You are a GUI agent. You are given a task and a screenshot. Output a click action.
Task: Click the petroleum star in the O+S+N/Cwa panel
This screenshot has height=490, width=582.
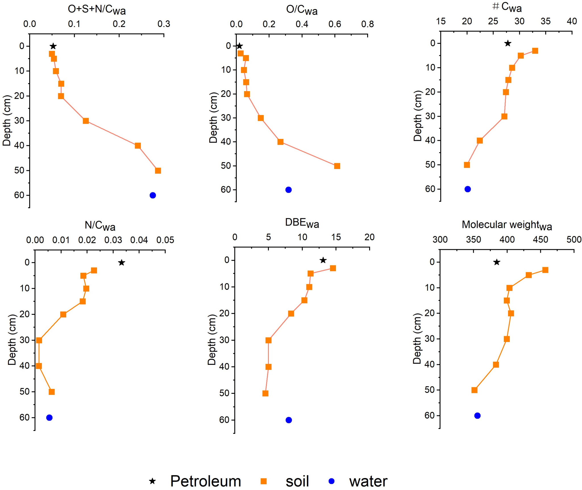(53, 46)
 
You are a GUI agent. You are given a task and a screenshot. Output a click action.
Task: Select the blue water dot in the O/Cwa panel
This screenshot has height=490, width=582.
(288, 190)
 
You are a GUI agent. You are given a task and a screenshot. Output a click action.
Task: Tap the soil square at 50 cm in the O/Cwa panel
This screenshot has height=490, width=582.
(337, 166)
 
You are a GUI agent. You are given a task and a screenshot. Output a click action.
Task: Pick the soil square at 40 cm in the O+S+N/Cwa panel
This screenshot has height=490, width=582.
(138, 146)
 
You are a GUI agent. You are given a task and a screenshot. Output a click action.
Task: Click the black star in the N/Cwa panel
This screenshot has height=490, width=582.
(122, 263)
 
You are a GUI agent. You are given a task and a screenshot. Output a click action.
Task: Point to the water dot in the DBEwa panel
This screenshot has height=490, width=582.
(289, 420)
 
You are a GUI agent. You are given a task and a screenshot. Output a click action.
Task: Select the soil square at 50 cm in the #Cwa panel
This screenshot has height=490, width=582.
(467, 165)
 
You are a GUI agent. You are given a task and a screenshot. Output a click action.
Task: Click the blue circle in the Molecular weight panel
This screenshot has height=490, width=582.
(477, 416)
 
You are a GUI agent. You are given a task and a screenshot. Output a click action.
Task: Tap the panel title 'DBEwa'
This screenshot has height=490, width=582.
(302, 223)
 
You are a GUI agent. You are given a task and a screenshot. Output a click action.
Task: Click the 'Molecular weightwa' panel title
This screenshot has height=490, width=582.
(507, 225)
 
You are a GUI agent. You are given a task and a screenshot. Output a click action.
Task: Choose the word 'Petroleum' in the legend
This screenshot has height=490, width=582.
(205, 481)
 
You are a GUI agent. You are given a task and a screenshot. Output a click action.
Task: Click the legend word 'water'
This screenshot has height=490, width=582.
(368, 481)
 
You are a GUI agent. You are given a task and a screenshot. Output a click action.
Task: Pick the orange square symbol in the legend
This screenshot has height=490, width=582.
(264, 481)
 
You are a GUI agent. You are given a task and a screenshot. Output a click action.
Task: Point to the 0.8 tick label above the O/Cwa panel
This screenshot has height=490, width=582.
(367, 24)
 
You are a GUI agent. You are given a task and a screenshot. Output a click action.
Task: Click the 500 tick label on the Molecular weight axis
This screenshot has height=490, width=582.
(574, 239)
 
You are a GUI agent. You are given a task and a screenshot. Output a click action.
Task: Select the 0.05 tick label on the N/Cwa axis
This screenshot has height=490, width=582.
(165, 240)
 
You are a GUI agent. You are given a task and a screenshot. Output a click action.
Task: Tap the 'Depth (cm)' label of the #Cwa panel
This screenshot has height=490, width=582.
(417, 116)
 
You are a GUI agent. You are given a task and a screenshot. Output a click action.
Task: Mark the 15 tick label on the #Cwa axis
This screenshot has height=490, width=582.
(441, 21)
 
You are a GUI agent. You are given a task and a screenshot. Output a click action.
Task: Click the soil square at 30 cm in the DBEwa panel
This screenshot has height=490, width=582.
(269, 340)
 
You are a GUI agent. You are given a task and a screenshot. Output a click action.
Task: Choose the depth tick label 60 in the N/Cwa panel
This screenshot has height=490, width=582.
(24, 417)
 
